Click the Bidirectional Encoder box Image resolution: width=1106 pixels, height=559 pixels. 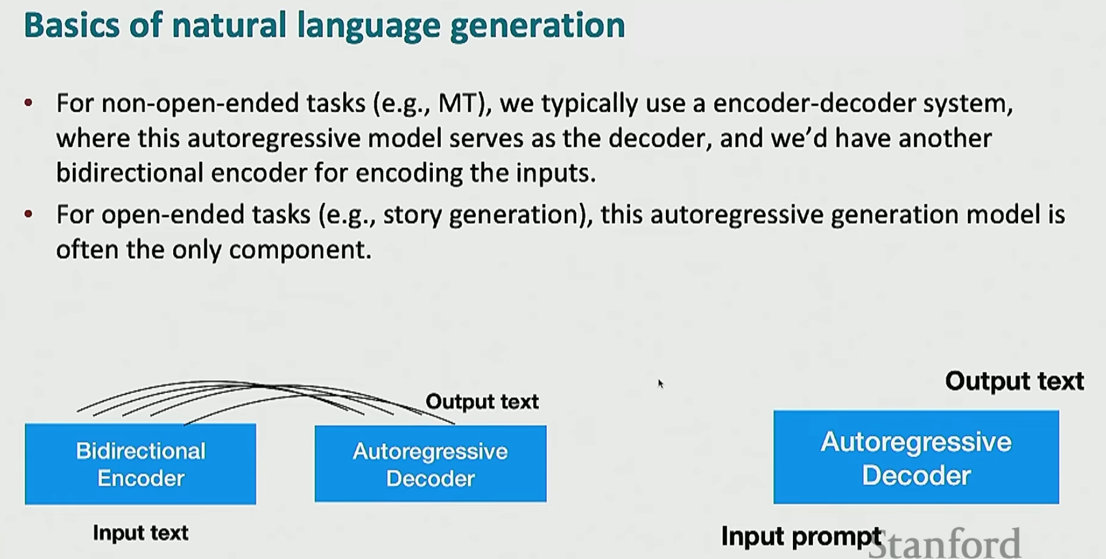140,464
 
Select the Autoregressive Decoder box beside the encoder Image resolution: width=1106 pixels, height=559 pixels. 430,464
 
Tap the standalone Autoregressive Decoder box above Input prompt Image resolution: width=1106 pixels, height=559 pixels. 916,457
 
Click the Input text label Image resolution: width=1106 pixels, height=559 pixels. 141,533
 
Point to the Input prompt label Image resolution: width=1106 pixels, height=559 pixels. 801,536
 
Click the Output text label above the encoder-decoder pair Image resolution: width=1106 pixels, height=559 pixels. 482,402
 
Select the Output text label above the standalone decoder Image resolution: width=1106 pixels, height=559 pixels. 1014,381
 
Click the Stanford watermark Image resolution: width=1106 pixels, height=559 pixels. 944,543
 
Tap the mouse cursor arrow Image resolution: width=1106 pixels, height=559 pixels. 661,384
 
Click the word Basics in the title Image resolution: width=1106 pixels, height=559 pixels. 72,25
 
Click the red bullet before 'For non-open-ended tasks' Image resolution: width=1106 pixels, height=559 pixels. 29,103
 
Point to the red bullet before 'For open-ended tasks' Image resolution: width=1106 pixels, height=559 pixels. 29,214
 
